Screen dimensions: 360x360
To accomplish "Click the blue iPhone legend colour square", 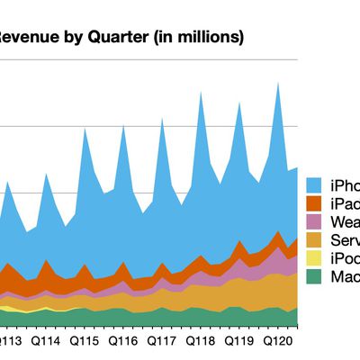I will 315,185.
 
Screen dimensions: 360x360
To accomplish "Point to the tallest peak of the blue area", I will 279,84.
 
